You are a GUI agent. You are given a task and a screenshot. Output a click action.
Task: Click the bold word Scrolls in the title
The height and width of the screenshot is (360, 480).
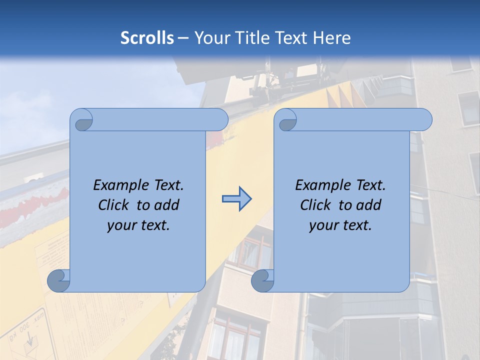(147, 38)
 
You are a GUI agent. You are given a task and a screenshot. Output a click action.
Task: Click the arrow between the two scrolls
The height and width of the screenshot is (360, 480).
(236, 199)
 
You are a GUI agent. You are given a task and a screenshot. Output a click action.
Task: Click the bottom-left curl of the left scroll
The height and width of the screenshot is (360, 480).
(59, 281)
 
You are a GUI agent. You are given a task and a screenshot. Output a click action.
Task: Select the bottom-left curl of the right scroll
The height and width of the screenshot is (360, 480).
(263, 281)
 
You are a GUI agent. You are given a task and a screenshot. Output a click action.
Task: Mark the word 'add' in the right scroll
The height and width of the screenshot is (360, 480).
(369, 205)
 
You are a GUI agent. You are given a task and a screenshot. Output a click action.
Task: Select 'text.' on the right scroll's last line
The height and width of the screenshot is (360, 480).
(357, 225)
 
